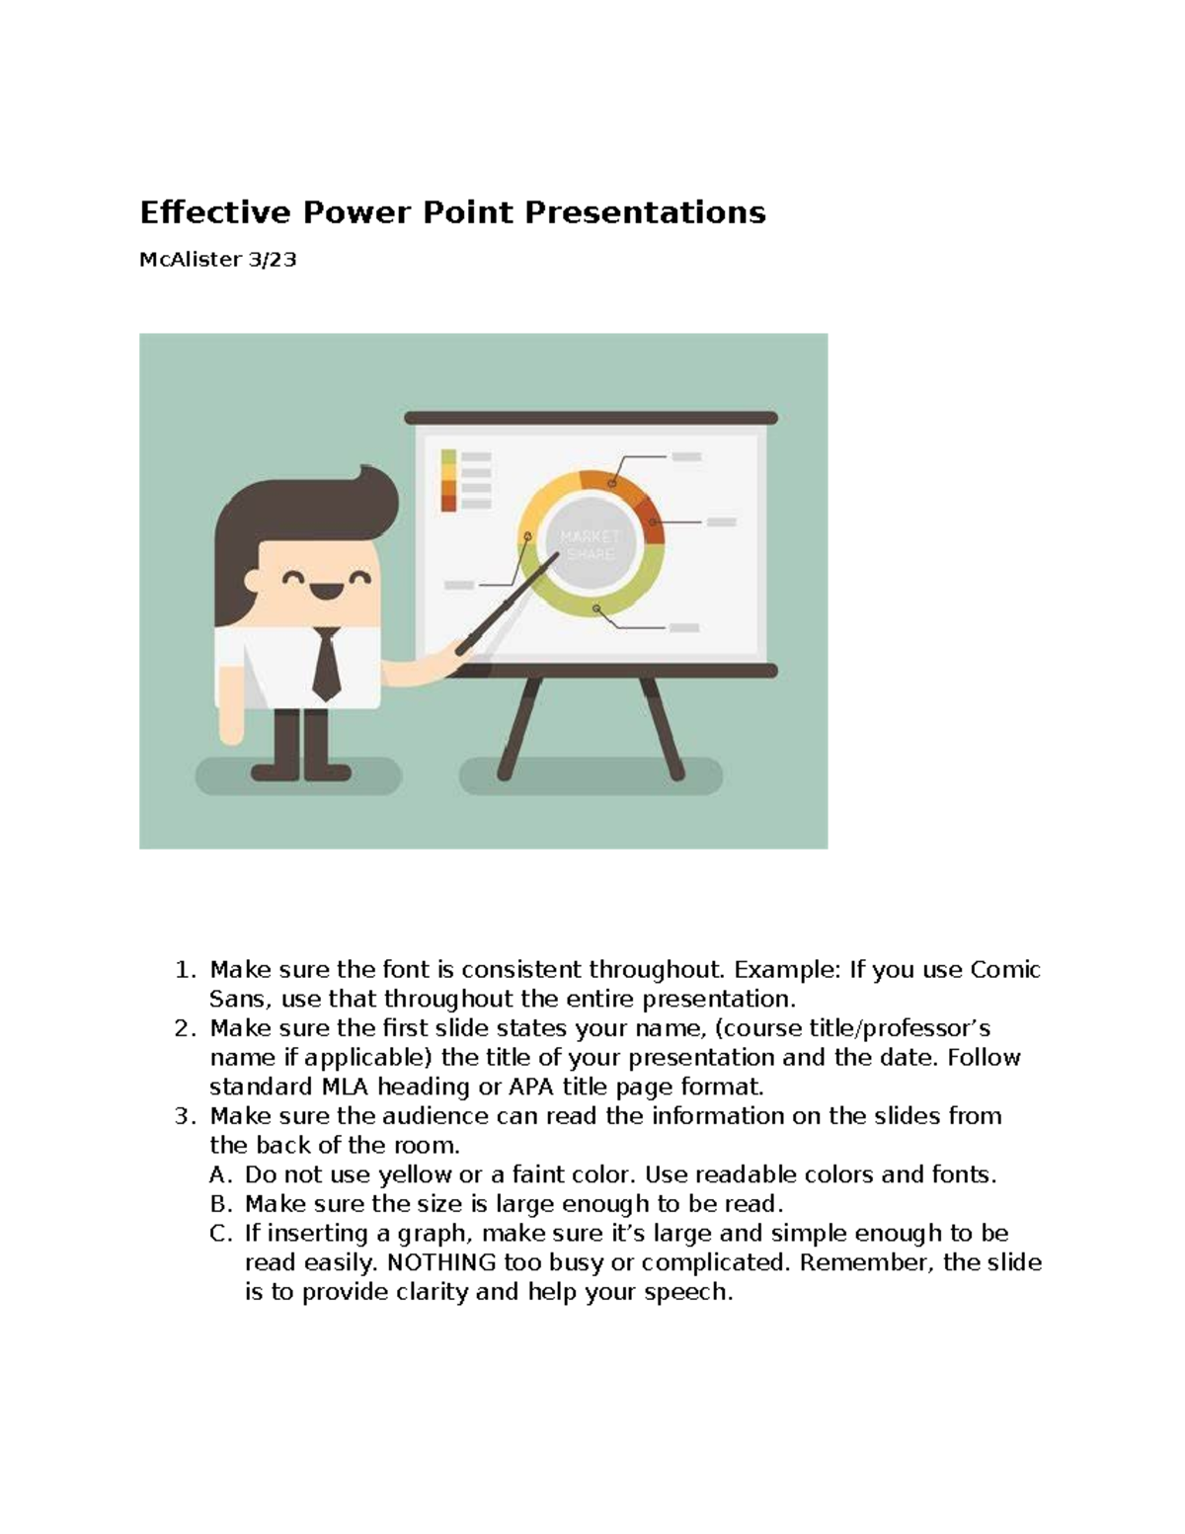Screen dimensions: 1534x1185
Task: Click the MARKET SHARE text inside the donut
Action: tap(590, 545)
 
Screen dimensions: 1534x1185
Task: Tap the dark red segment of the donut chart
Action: tap(650, 521)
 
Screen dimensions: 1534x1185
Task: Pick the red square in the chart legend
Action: tap(449, 503)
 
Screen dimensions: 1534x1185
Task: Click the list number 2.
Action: tap(185, 1028)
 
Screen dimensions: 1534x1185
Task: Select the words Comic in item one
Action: tap(1005, 969)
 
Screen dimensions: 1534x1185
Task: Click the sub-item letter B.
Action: tap(219, 1204)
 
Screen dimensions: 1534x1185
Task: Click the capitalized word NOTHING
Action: tap(441, 1262)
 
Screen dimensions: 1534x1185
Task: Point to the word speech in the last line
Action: tap(687, 1292)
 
